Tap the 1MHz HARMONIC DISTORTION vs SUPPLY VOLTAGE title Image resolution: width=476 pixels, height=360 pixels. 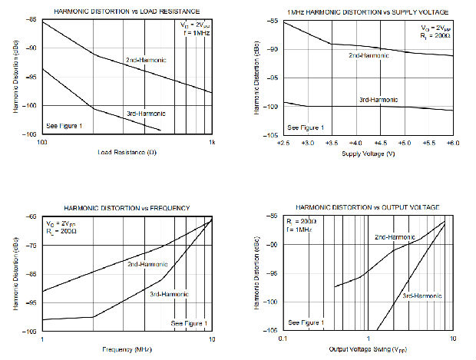pyautogui.click(x=367, y=12)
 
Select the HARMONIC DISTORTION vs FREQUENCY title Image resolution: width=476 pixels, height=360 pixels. pyautogui.click(x=126, y=208)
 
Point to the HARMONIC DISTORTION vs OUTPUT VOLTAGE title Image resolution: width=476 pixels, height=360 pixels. pyautogui.click(x=368, y=208)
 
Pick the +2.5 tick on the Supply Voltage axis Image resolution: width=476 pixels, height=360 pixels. pyautogui.click(x=283, y=143)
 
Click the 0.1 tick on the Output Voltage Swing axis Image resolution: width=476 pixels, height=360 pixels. pyautogui.click(x=283, y=339)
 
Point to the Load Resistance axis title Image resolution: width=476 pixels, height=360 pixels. pyautogui.click(x=127, y=152)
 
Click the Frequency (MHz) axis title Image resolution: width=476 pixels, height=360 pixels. pyautogui.click(x=127, y=349)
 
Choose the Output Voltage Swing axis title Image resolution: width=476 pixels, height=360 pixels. pyautogui.click(x=369, y=349)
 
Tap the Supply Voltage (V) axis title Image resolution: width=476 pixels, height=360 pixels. pyautogui.click(x=369, y=152)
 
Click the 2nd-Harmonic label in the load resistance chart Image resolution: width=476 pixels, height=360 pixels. pyautogui.click(x=146, y=59)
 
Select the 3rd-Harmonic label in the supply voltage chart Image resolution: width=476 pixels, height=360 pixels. pyautogui.click(x=378, y=100)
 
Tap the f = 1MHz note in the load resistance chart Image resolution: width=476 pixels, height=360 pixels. pyautogui.click(x=194, y=33)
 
